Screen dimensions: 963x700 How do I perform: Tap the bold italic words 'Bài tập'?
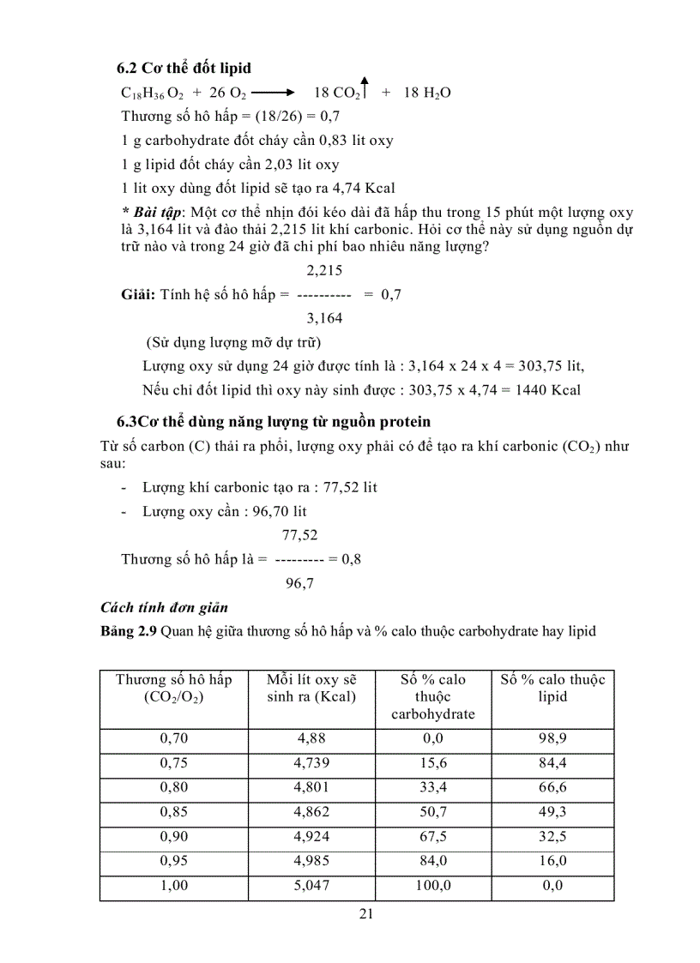point(157,212)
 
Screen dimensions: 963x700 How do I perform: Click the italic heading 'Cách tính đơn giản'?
point(164,607)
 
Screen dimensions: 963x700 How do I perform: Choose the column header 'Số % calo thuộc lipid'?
point(552,688)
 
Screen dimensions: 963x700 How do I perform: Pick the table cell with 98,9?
point(552,737)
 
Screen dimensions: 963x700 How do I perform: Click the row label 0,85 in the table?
point(174,812)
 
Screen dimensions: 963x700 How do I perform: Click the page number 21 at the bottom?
point(365,914)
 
